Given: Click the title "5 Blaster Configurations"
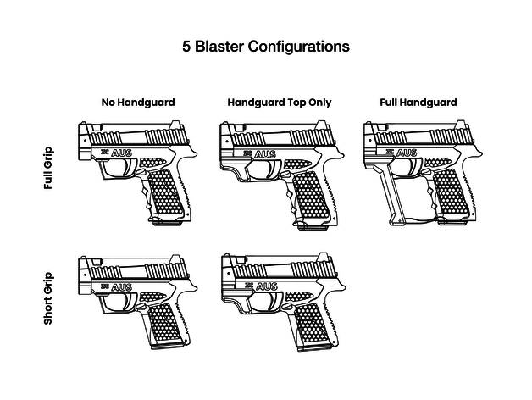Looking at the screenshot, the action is coord(266,46).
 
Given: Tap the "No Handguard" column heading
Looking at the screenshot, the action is coord(138,103).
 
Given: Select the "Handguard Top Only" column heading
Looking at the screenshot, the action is coord(280,103).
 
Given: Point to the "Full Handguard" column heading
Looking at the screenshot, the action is coord(418,103).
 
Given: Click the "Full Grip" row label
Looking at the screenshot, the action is coord(48,168).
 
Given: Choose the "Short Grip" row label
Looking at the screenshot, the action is coord(48,298).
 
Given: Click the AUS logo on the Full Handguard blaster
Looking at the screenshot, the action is coord(407,153).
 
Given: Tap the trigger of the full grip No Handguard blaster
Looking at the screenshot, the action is coord(129,168).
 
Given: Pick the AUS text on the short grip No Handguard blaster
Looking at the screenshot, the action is coord(121,287).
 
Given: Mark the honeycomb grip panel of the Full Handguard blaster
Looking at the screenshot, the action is coord(452,192).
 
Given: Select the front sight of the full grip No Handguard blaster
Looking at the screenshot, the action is coord(98,127).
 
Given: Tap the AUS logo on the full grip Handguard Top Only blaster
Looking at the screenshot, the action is coord(265,154).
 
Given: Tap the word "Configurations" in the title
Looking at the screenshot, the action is coord(298,47).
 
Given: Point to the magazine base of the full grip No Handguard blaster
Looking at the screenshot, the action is coord(166,223).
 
